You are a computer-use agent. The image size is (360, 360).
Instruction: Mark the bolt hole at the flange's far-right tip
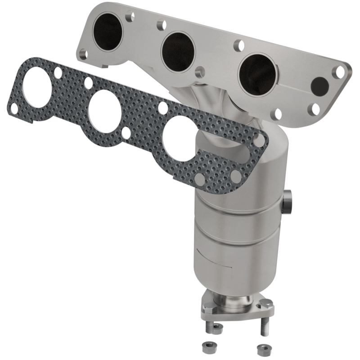(x=341, y=71)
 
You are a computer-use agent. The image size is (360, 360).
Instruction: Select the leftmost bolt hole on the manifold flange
(x=82, y=54)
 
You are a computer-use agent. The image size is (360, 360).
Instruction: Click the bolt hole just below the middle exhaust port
(x=200, y=72)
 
